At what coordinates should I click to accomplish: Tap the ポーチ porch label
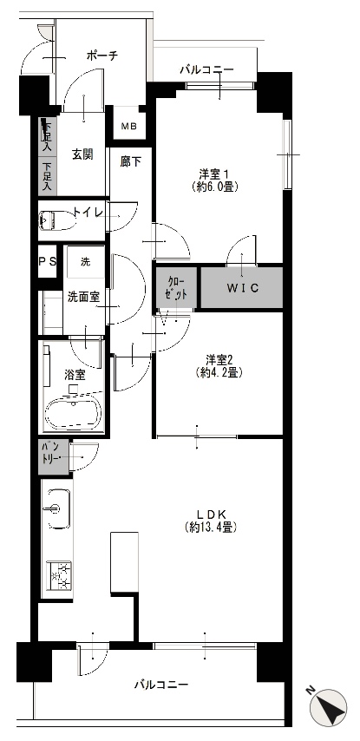101,56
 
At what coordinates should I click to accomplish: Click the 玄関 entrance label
82,154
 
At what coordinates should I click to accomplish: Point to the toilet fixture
57,220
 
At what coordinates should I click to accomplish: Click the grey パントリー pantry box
54,457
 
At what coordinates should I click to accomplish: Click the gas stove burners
59,575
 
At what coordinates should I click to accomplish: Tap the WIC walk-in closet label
242,288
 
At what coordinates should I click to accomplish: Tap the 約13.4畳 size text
211,527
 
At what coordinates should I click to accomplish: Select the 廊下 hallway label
129,162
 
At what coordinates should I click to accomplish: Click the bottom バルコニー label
161,685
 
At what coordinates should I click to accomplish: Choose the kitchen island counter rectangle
124,562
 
